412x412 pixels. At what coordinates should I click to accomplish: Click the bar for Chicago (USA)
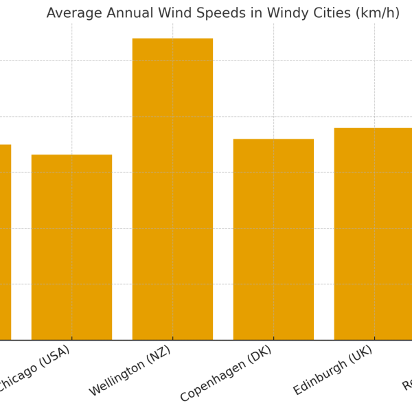(71, 247)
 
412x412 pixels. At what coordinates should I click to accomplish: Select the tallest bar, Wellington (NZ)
(172, 189)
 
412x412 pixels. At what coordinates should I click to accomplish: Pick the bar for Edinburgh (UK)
(374, 233)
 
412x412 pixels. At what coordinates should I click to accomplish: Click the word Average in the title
(73, 14)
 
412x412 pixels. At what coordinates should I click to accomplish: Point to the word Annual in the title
(132, 14)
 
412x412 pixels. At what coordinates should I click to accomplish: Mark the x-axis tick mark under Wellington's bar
(172, 342)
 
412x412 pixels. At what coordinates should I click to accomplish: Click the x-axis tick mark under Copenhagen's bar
(273, 342)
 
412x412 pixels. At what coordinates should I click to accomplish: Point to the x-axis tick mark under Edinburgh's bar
(374, 342)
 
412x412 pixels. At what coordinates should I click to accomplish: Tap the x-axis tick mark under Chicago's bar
(71, 342)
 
